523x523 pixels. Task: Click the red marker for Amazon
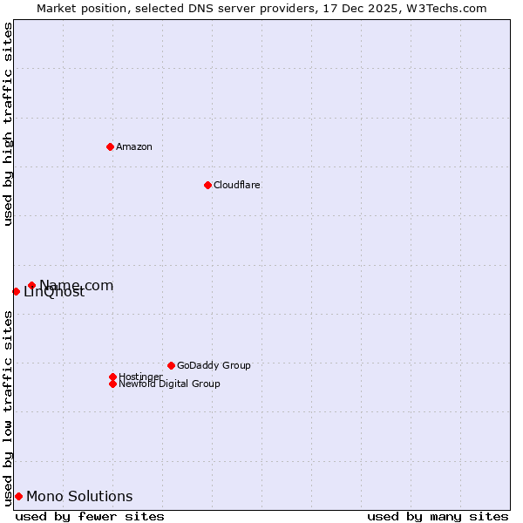point(110,146)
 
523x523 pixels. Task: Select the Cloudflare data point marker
point(207,185)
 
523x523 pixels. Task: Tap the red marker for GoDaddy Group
point(171,365)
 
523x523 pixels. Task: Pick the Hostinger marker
point(112,377)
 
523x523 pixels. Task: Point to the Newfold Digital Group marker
point(112,384)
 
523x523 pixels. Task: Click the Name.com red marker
point(31,285)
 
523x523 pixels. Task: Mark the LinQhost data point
point(16,291)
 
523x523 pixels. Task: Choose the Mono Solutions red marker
point(18,496)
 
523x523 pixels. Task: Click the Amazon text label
point(134,146)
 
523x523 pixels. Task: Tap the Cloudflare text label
point(237,185)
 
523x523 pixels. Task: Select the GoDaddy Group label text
point(214,365)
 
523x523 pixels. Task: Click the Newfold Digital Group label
point(169,384)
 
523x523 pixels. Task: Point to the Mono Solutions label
point(79,496)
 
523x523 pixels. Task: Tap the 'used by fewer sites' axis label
point(90,516)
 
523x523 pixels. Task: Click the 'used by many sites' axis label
point(438,516)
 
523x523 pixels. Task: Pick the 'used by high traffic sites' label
point(8,124)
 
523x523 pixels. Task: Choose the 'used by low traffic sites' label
point(8,408)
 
